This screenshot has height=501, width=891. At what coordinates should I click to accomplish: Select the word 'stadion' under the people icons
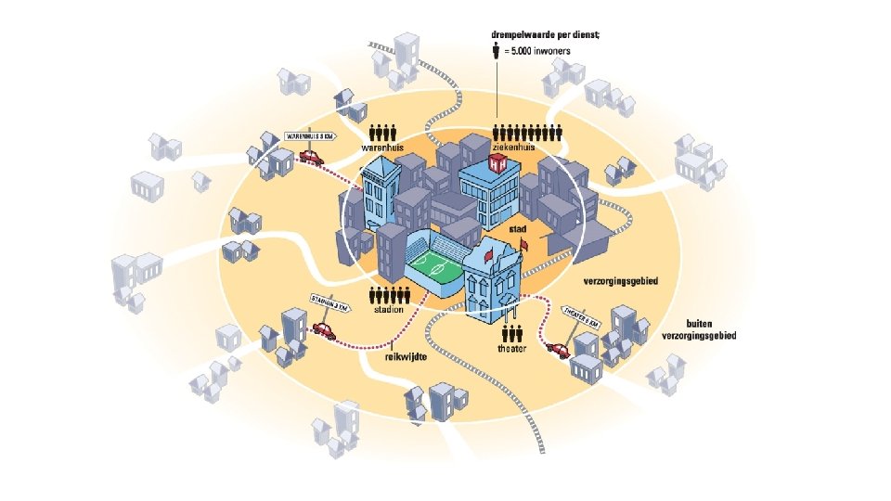click(389, 310)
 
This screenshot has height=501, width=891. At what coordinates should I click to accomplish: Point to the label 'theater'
click(512, 349)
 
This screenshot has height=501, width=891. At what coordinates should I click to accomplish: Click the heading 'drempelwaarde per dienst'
click(545, 34)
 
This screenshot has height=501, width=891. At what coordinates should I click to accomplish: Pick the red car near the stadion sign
click(323, 329)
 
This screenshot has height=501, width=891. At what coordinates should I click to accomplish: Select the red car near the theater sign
click(559, 350)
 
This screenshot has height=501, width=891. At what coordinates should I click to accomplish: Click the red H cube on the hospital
click(498, 164)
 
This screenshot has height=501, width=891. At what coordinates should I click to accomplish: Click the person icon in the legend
click(497, 50)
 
